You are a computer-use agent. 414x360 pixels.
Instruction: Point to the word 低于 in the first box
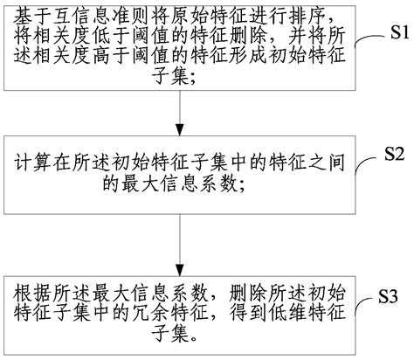click(x=105, y=38)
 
